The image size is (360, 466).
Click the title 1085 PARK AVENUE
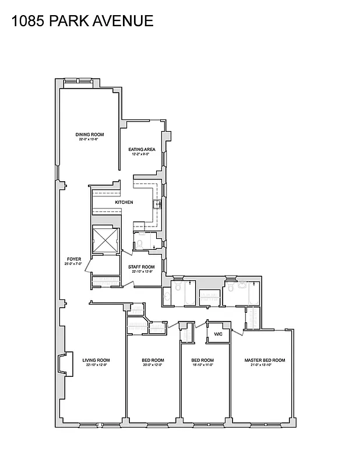tap(82, 22)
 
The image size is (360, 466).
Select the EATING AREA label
tap(142, 150)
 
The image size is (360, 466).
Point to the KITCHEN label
tap(123, 202)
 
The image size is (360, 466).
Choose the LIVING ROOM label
tap(96, 360)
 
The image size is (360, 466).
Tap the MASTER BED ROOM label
tap(265, 360)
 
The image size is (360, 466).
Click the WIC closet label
tap(218, 334)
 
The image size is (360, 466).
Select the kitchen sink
tap(156, 204)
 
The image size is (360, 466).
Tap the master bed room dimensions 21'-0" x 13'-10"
tap(265, 365)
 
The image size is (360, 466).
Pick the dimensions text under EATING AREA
tap(142, 154)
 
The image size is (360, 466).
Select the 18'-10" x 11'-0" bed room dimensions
tap(203, 365)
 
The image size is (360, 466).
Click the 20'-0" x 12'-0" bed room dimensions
tap(153, 365)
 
